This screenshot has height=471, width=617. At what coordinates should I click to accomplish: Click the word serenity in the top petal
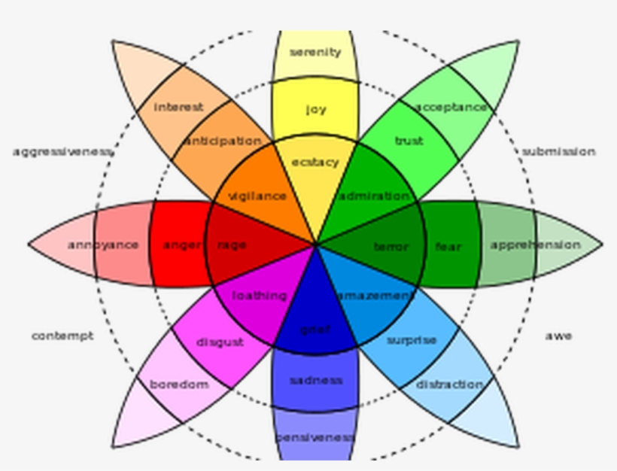[315, 52]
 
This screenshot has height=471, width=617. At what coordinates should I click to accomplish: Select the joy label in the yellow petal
[316, 110]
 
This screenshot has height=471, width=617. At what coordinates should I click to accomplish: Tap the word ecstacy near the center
[315, 163]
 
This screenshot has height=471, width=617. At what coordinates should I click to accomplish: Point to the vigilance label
[257, 196]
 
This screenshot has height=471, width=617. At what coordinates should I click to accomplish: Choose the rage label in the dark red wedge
[232, 245]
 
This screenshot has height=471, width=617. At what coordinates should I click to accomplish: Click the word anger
[181, 245]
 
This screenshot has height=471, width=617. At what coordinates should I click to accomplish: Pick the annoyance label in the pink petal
[103, 245]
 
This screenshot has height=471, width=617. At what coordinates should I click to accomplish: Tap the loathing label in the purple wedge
[259, 296]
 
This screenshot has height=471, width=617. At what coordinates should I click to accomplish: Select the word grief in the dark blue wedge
[315, 329]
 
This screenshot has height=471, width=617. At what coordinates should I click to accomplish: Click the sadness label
[315, 380]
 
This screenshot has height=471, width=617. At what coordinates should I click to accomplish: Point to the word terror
[391, 246]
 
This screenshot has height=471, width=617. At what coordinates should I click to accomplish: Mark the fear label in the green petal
[448, 246]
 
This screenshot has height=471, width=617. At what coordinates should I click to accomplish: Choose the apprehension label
[535, 245]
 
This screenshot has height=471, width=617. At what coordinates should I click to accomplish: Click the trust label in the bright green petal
[409, 141]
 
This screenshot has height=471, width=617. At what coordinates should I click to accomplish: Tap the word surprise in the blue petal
[412, 340]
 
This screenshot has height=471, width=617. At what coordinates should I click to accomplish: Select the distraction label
[450, 384]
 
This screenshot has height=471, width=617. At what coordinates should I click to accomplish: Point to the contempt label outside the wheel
[62, 336]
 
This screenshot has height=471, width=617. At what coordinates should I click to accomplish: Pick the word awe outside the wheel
[558, 336]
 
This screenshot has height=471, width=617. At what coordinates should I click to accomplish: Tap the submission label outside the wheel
[558, 152]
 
